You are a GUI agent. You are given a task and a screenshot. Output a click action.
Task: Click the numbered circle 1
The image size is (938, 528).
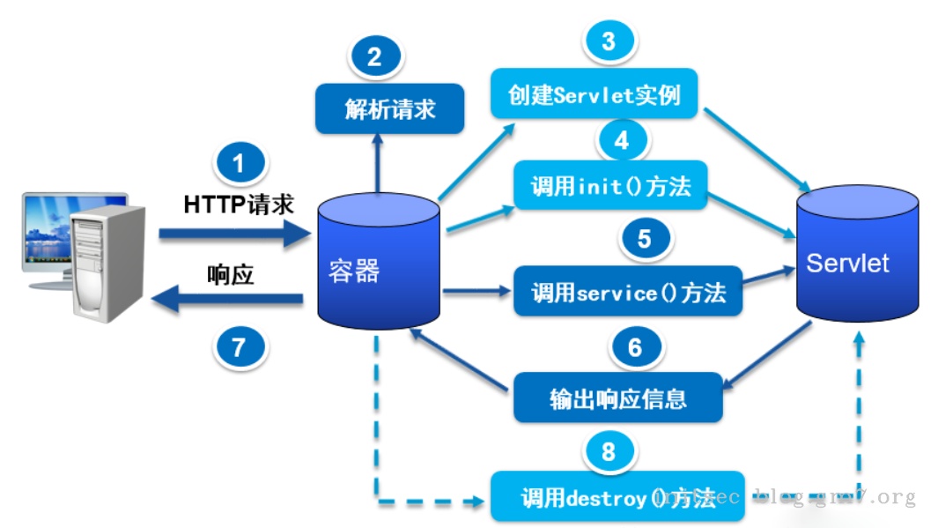[x=238, y=165]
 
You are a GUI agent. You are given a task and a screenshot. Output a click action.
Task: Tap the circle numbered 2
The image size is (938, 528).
[x=374, y=57]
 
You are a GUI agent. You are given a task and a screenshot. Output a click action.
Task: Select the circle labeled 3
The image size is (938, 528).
[x=608, y=41]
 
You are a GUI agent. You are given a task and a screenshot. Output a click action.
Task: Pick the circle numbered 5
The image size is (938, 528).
[x=644, y=239]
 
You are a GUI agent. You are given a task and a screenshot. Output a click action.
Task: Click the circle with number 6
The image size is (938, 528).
[x=634, y=348]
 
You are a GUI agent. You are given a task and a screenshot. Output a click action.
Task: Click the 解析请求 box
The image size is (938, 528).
[x=389, y=109]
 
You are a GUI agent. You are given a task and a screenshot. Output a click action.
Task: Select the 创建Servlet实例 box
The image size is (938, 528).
[x=595, y=93]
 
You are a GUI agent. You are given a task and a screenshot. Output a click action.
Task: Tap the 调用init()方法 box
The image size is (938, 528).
[x=610, y=186]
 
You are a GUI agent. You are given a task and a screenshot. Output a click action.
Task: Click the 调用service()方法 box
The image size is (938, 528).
[x=628, y=292]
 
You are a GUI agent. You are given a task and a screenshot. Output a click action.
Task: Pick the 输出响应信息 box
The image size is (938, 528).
[x=617, y=398]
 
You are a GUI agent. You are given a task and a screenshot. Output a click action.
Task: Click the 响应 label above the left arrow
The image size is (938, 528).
[x=231, y=275]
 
